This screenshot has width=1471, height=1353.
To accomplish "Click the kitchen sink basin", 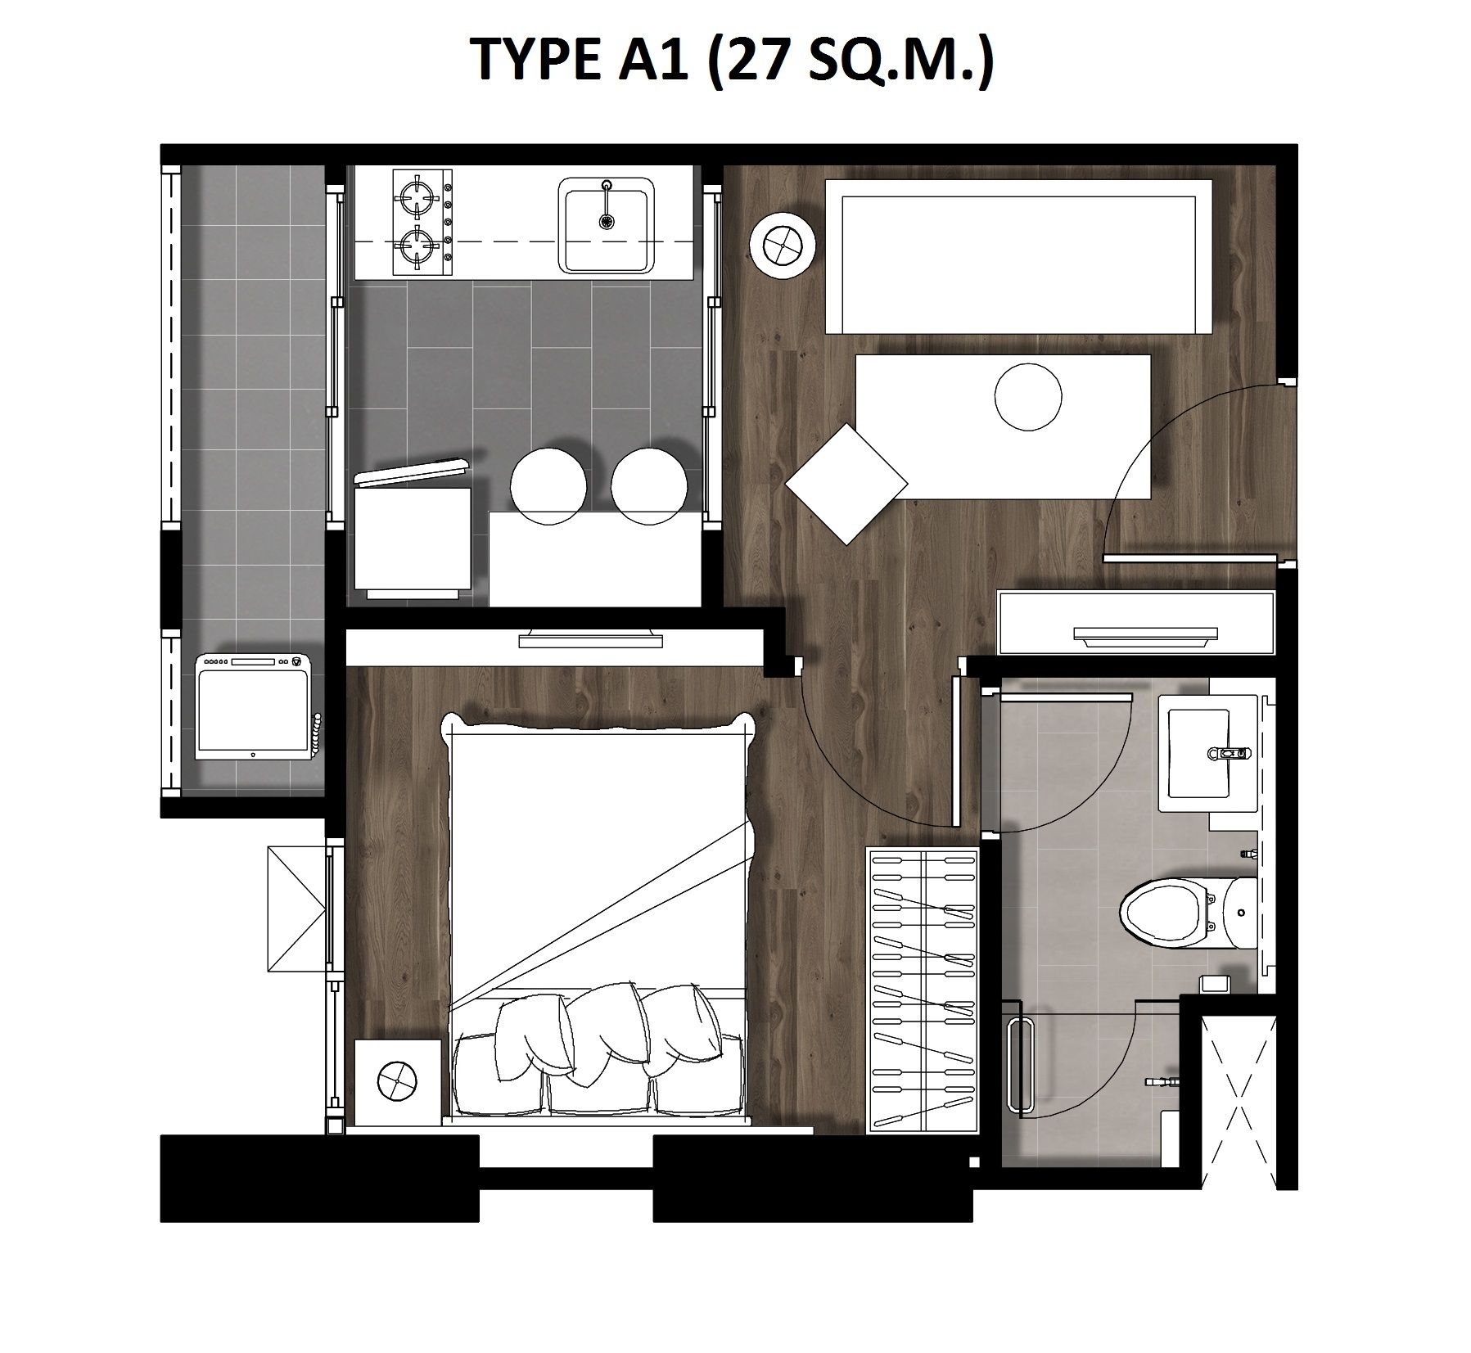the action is [607, 225].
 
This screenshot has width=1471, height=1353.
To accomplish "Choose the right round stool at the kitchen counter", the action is [649, 487].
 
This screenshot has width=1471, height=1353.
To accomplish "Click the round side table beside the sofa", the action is [783, 244].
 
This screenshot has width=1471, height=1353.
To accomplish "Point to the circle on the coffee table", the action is [1028, 397].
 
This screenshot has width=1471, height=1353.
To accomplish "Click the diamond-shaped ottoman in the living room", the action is [846, 485].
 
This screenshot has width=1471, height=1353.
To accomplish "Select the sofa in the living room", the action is [1019, 257].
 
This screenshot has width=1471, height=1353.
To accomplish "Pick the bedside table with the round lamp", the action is [396, 1080].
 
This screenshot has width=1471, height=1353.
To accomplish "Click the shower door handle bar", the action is [1018, 1065].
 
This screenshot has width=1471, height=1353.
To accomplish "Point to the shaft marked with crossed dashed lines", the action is [1238, 1101].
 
